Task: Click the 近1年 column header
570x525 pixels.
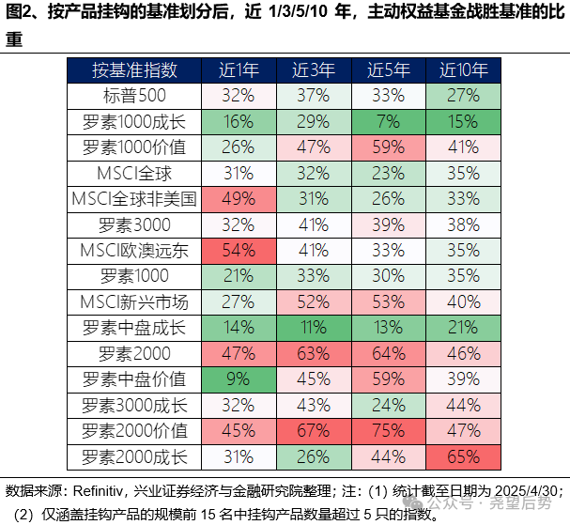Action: coord(239,70)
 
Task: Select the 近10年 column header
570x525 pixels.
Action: coord(463,70)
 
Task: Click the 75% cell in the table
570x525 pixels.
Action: coord(388,431)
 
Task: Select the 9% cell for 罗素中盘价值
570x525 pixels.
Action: coord(239,379)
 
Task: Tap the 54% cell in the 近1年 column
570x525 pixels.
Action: coord(239,251)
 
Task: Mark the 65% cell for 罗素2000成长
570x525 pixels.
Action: coord(463,457)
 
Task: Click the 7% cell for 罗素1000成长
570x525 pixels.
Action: coord(388,122)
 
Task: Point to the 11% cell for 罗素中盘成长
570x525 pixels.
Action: coord(314,328)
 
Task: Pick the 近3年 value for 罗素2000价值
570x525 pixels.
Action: coord(314,431)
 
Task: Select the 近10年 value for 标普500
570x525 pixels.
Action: coord(463,96)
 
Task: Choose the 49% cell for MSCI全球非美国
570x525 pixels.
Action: coord(239,199)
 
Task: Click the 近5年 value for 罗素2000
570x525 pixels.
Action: coord(388,354)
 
